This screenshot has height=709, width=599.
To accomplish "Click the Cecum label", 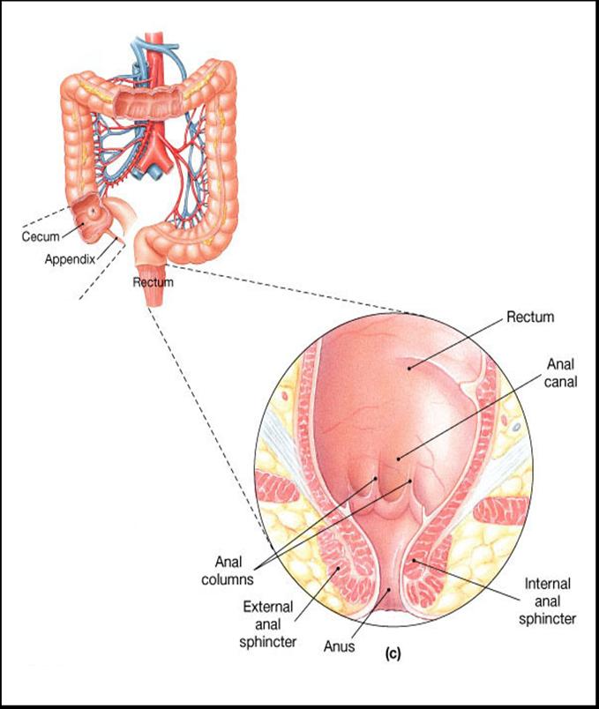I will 41,236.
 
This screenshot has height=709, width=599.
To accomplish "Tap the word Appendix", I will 69,260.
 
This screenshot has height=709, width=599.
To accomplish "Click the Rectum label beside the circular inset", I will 529,316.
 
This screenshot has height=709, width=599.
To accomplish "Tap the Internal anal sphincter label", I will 550,601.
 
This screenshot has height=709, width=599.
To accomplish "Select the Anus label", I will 339,646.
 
